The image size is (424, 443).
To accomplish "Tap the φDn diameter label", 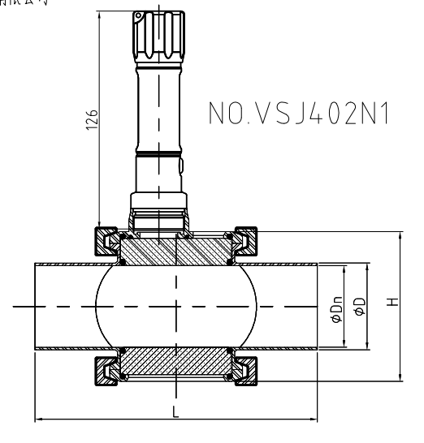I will point(336,307).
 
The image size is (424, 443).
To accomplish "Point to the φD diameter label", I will point(357,307).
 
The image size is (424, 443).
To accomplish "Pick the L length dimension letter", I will point(176,411).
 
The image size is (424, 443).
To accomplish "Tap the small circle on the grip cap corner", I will point(139,15).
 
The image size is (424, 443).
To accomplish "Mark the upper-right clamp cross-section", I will point(245,240).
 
